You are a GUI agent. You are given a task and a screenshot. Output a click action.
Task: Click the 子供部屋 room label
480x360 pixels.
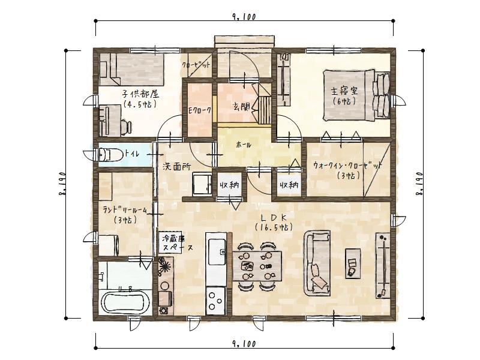(139, 98)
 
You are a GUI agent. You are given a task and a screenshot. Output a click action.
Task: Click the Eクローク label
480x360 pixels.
(200, 110)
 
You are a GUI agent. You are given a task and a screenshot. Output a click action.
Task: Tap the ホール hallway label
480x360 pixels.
(244, 145)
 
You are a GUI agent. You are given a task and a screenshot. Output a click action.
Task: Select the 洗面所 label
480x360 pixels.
(176, 167)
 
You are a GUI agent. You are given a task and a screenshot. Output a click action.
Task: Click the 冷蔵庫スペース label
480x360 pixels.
(176, 242)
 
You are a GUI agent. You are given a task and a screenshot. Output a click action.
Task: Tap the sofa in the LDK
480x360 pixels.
(318, 263)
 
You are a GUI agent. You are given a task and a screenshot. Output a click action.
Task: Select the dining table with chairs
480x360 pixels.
(260, 264)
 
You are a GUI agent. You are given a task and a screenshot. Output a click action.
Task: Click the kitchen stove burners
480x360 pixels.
(215, 299)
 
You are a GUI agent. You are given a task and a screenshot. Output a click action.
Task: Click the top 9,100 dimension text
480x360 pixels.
(243, 17)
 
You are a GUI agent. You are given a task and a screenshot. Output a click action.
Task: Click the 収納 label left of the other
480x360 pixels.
(229, 185)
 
